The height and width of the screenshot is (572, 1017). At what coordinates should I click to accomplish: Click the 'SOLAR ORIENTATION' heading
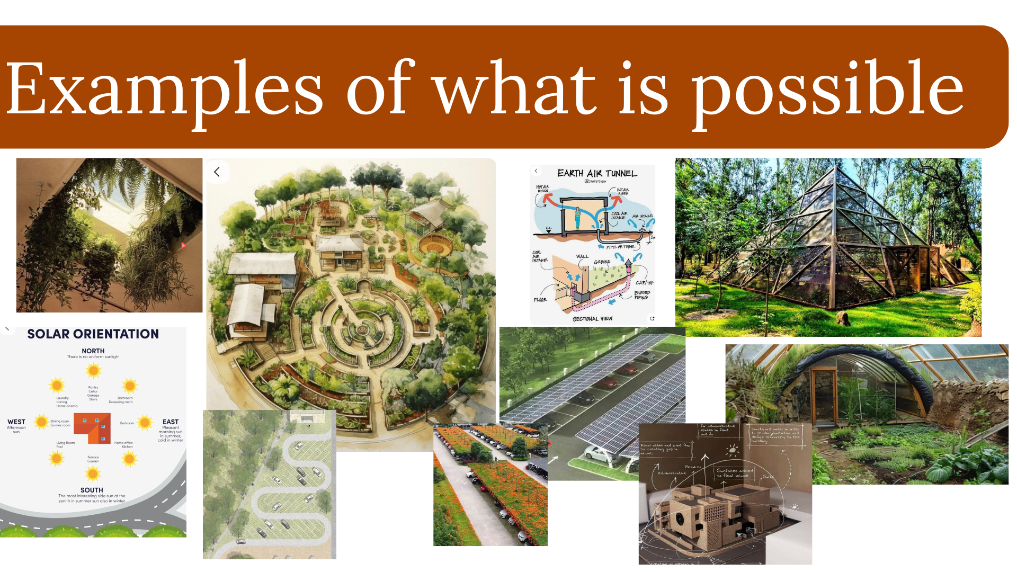click(x=93, y=334)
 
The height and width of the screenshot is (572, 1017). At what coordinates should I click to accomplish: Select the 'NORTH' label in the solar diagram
click(x=93, y=351)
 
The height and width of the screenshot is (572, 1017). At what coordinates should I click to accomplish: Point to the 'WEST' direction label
click(x=16, y=422)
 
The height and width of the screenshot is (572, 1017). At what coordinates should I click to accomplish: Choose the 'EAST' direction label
click(x=171, y=422)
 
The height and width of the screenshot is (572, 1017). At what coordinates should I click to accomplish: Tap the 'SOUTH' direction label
click(x=92, y=490)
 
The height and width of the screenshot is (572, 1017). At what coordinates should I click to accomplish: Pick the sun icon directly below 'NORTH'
click(x=94, y=371)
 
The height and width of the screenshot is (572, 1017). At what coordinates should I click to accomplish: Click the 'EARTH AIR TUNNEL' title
click(x=597, y=173)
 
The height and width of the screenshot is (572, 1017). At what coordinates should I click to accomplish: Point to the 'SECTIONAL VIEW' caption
click(x=592, y=319)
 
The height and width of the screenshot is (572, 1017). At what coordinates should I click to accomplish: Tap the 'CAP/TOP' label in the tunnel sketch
click(x=645, y=283)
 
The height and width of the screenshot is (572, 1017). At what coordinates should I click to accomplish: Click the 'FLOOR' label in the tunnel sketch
click(x=540, y=300)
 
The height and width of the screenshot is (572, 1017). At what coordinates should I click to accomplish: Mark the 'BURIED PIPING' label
click(x=642, y=295)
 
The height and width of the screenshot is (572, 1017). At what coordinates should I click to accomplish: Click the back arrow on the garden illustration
click(x=217, y=172)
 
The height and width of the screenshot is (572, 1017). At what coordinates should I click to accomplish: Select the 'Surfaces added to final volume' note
click(x=735, y=473)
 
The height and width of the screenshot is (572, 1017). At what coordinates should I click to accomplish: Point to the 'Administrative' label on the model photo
click(x=672, y=473)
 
